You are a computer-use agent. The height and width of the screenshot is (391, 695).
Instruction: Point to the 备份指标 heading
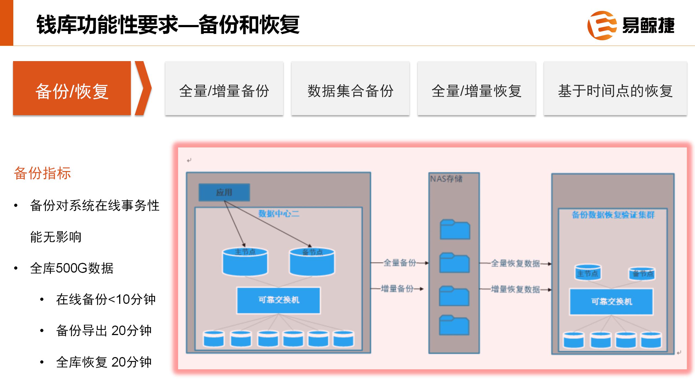42,173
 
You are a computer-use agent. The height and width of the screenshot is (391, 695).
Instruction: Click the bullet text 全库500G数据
72,268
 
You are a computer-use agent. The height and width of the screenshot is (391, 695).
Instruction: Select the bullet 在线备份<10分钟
106,299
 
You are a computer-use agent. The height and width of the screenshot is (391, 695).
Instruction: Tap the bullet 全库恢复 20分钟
104,362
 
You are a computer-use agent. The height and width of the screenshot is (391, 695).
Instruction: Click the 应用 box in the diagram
224,192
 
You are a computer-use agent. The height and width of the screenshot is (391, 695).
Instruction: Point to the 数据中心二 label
279,214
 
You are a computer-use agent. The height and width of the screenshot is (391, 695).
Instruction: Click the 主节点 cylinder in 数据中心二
245,262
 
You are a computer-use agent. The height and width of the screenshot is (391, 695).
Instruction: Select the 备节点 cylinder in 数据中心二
312,262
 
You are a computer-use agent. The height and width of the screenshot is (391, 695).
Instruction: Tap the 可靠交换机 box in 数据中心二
279,300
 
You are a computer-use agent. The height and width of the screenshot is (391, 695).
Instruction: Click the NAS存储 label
446,179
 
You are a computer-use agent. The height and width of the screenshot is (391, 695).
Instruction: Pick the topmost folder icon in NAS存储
455,229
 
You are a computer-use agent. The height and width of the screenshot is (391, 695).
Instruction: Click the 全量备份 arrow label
399,263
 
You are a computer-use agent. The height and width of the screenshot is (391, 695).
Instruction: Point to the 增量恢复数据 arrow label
515,289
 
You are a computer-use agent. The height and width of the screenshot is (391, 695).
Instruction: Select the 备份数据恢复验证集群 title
613,215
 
